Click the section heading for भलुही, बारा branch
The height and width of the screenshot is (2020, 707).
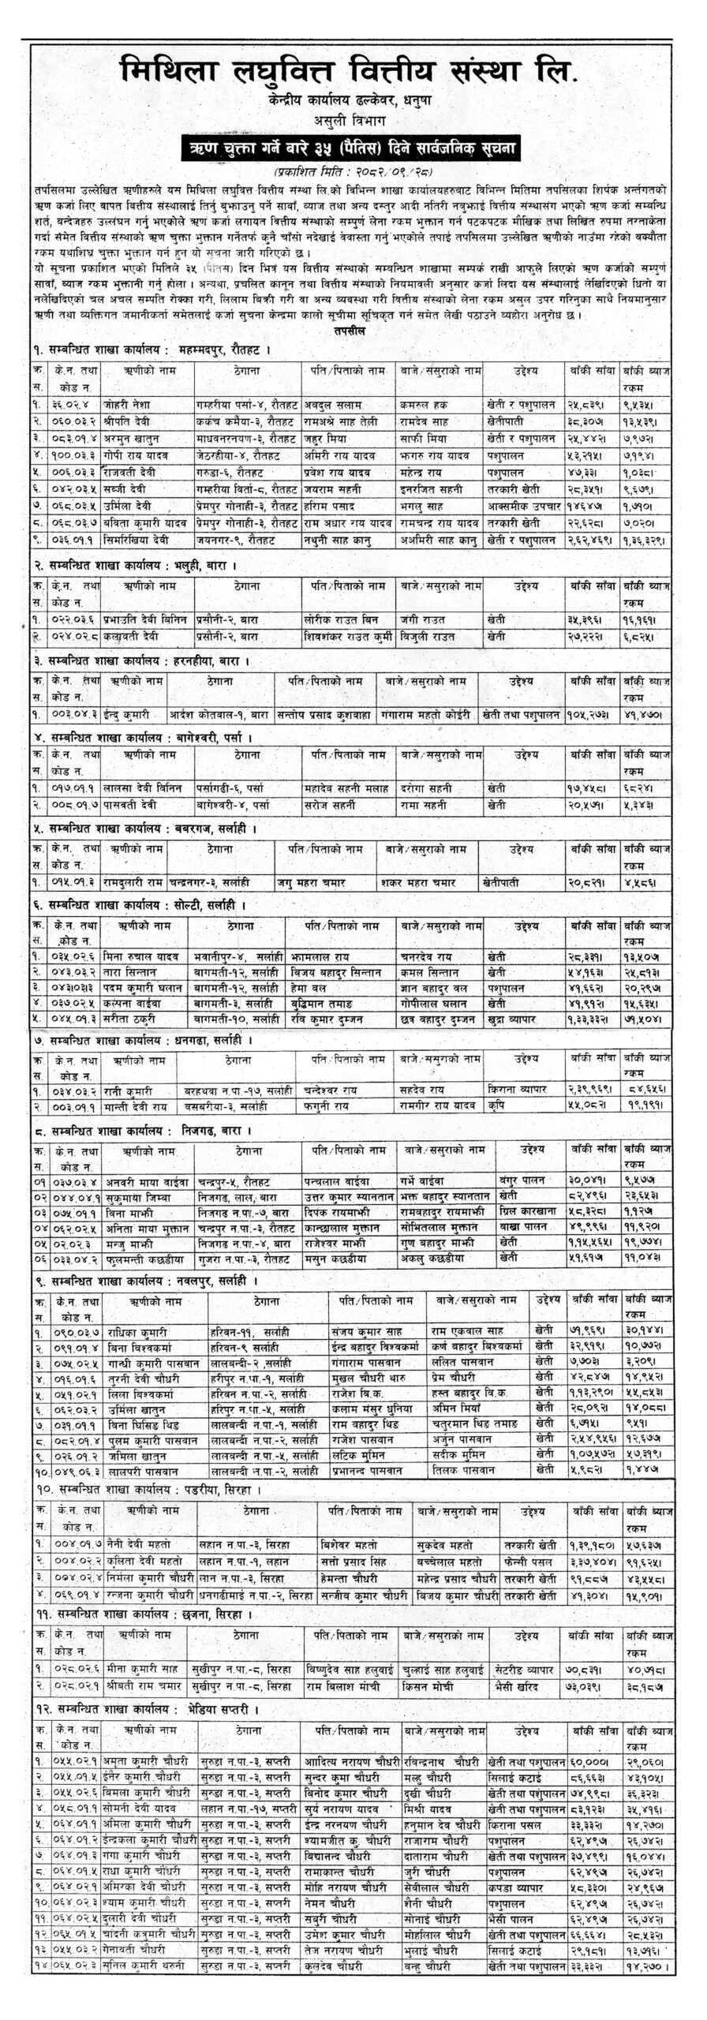(x=133, y=565)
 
